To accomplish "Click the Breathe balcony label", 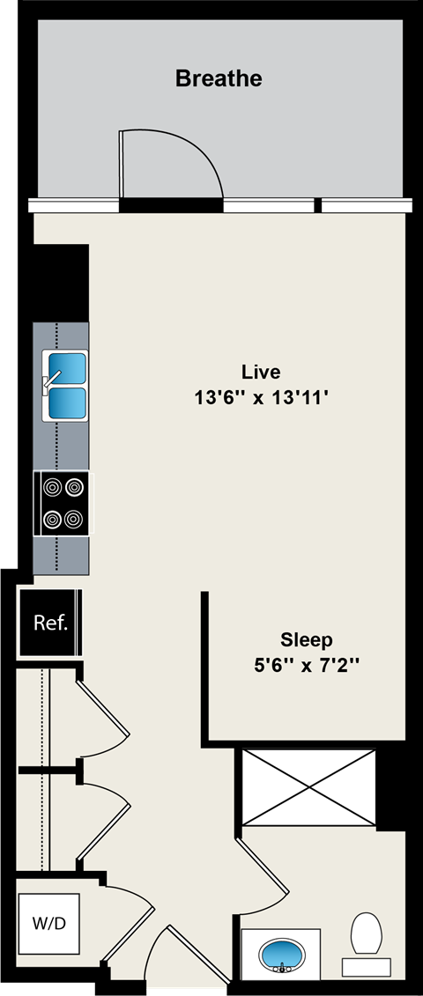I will tap(219, 78).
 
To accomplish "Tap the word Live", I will tap(261, 371).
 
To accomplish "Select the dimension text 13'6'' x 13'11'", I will tap(261, 398).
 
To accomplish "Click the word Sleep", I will tap(307, 638).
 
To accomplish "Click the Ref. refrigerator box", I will tap(50, 623).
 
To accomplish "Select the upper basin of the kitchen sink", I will tap(67, 365).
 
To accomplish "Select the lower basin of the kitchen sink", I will tap(67, 403).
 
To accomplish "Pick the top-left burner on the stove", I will tap(52, 485).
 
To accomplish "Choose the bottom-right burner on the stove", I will tap(74, 518).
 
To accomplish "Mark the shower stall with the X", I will tap(308, 788).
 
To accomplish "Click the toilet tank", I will tap(366, 966).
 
